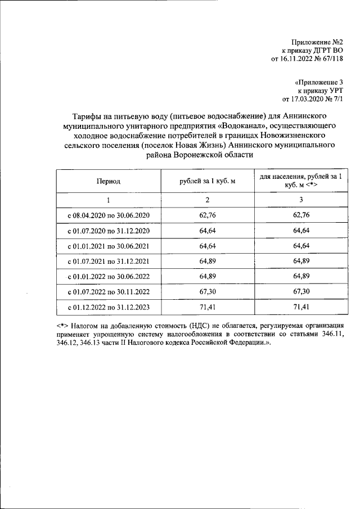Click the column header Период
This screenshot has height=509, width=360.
click(x=108, y=181)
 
